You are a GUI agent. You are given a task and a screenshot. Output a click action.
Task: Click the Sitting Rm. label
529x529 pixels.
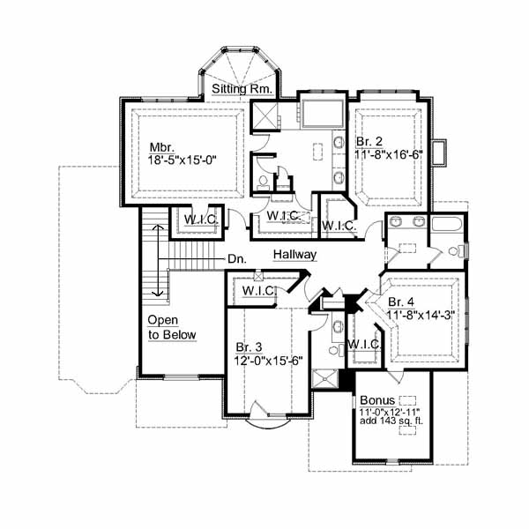click(x=242, y=89)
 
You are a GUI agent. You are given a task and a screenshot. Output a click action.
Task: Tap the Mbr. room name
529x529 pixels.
click(x=162, y=147)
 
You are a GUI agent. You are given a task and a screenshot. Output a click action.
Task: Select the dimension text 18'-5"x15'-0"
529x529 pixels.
click(x=182, y=160)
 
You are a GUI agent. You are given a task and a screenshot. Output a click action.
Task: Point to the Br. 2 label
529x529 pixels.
click(x=369, y=142)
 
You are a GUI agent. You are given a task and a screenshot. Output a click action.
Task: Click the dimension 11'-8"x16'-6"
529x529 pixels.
click(x=389, y=154)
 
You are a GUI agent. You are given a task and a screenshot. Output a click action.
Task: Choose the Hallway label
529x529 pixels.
click(x=294, y=255)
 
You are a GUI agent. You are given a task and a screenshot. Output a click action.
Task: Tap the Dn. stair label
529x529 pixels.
click(x=237, y=259)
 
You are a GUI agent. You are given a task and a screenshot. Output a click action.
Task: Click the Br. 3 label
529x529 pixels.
click(x=249, y=347)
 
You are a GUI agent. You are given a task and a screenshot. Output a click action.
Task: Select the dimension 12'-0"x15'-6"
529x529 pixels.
click(x=268, y=361)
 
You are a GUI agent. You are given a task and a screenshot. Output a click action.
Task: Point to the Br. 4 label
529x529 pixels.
click(x=401, y=302)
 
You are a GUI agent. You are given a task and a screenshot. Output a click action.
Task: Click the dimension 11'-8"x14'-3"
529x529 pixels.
click(x=421, y=315)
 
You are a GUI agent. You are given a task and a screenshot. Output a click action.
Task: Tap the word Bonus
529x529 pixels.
click(x=377, y=400)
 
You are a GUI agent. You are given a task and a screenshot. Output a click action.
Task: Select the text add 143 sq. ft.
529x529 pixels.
click(x=391, y=421)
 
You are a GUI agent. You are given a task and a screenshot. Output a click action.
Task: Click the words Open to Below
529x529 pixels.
click(x=172, y=328)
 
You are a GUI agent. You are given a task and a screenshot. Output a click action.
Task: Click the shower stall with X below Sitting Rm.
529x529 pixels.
click(x=264, y=115)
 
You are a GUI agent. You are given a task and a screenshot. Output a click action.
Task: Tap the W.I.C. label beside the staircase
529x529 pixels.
click(x=201, y=220)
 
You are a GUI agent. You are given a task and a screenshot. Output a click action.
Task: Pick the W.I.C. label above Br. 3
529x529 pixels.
click(x=259, y=290)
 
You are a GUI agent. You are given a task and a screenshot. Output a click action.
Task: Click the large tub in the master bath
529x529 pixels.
click(x=323, y=114)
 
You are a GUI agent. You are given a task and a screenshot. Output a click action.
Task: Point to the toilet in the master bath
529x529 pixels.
click(x=263, y=182)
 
